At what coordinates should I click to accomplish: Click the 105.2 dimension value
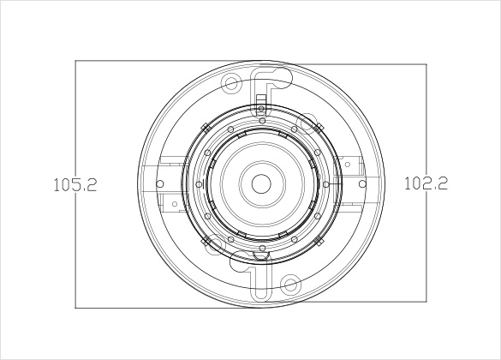(75, 185)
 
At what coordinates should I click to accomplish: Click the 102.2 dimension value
(426, 183)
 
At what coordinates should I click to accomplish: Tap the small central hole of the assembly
(261, 183)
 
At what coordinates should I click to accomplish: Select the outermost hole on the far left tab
(160, 183)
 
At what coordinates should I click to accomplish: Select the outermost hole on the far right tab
(362, 183)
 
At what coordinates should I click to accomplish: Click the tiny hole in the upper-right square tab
(348, 165)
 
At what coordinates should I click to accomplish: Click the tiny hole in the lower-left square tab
(175, 204)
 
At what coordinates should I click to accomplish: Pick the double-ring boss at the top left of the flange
(231, 84)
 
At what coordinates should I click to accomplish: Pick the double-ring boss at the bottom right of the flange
(290, 284)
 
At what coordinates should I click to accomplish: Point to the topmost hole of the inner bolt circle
(262, 121)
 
